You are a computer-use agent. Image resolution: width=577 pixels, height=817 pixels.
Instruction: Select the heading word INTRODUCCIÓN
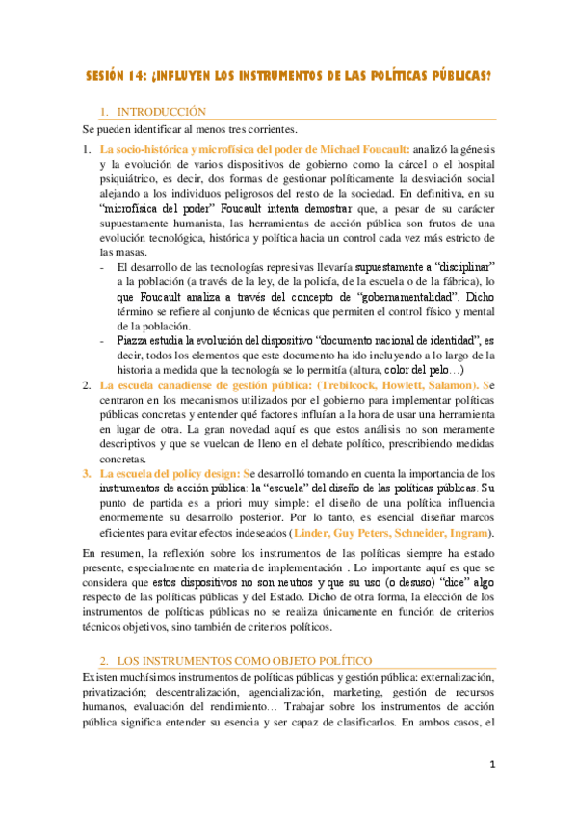pos(159,113)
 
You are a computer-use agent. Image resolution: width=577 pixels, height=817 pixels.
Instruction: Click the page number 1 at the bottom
pos(490,767)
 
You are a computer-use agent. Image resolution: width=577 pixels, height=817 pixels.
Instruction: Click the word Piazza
pos(133,340)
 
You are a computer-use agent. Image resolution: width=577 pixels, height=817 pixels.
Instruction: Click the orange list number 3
pos(86,474)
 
